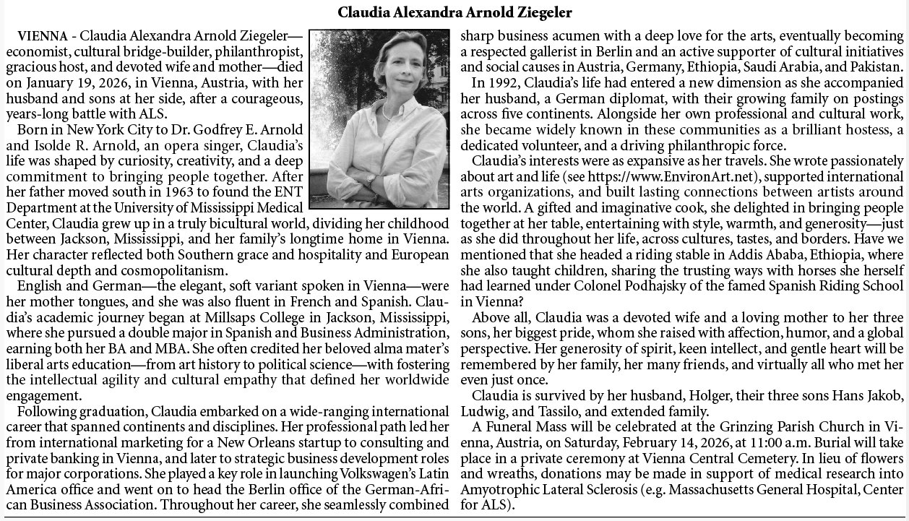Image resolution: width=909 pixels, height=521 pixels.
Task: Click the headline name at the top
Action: (x=455, y=13)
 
